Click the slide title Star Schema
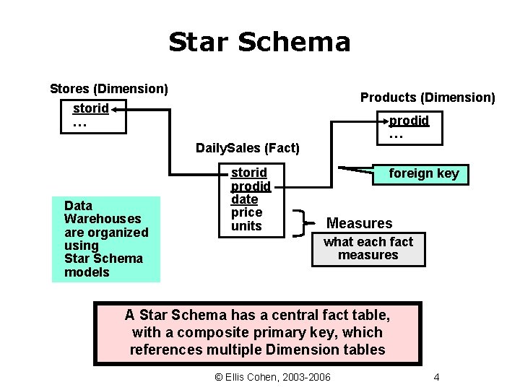(x=259, y=42)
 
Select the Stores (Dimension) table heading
(x=108, y=89)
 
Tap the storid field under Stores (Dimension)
(x=90, y=108)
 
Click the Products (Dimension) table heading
(x=428, y=97)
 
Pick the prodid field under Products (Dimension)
(x=409, y=120)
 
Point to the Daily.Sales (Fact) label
(x=247, y=148)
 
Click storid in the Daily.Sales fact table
(x=248, y=173)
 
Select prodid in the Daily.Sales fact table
(x=251, y=186)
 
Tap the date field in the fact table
(x=244, y=199)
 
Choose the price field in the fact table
(x=246, y=212)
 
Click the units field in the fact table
(x=246, y=226)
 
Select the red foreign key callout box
(x=423, y=173)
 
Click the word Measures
(x=360, y=223)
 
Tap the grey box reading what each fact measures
(x=368, y=248)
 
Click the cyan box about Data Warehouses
(x=105, y=239)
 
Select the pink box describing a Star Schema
(x=257, y=333)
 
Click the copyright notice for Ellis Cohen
(x=273, y=378)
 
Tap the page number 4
(x=436, y=378)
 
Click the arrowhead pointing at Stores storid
(x=116, y=110)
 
